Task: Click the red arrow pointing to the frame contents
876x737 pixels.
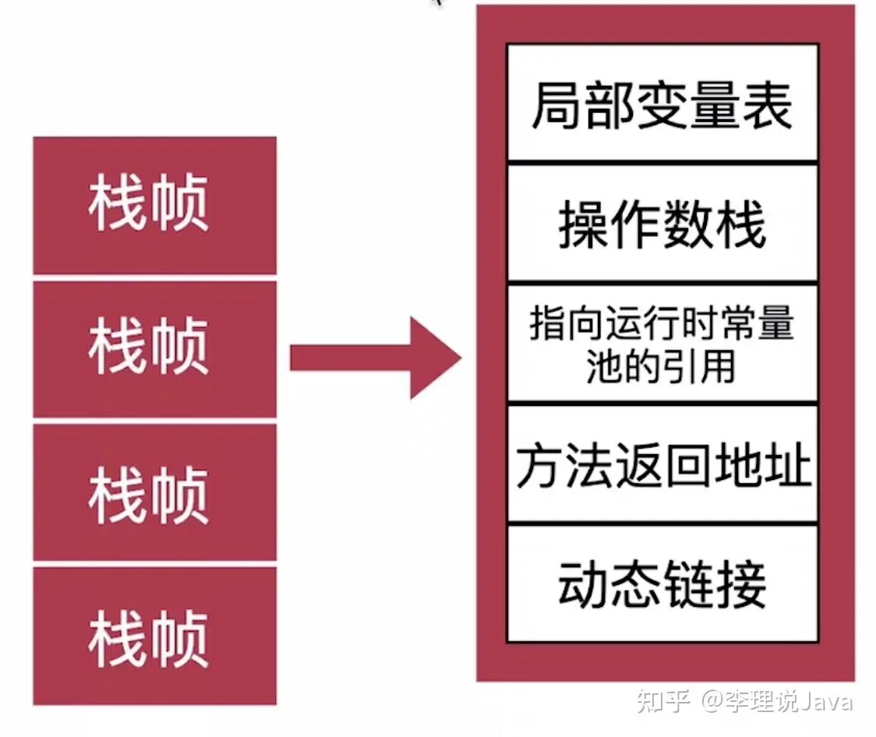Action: coord(374,358)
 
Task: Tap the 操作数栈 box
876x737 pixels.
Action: coord(662,222)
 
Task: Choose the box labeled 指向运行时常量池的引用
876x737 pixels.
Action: coord(662,344)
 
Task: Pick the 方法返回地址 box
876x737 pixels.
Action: coord(662,464)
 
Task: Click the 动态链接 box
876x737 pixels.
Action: coord(662,584)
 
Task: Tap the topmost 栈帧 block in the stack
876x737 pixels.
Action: coord(154,205)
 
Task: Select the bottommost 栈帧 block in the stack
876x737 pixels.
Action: coord(154,636)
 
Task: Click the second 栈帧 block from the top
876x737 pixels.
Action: coord(154,348)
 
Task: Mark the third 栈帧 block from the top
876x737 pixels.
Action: coord(154,492)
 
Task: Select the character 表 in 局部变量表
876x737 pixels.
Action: coord(768,105)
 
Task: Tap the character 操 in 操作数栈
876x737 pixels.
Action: coord(582,224)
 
